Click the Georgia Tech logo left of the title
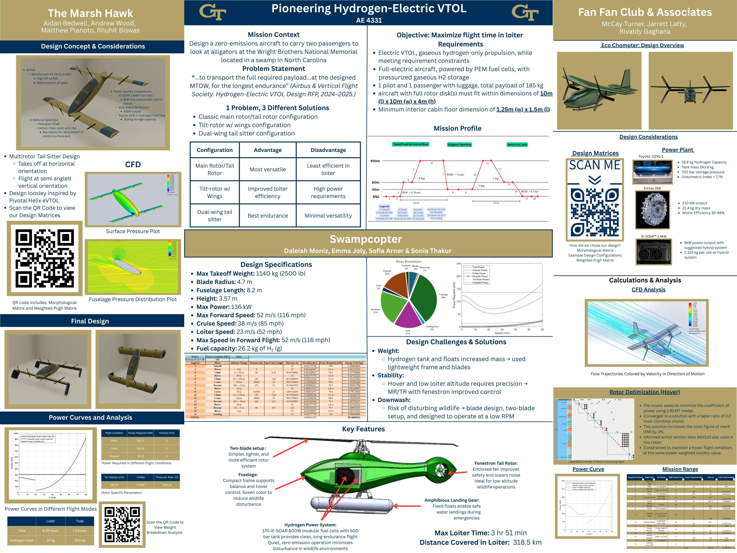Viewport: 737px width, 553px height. (213, 12)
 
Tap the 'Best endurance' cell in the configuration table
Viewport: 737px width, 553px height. (268, 216)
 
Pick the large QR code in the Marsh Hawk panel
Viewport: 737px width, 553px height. (45, 258)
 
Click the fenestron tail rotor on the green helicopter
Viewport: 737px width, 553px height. (441, 470)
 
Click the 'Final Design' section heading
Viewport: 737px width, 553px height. (90, 321)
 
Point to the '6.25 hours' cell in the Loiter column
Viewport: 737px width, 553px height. (51, 531)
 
